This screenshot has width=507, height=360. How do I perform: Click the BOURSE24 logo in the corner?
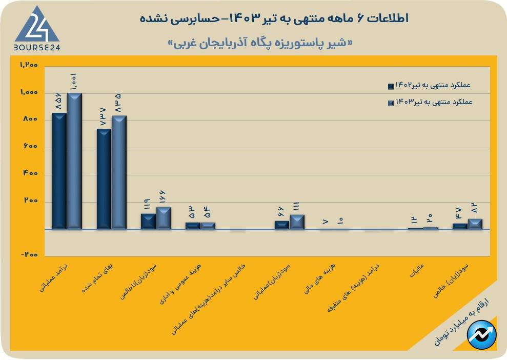[36, 28]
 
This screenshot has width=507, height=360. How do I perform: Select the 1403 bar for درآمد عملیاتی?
[74, 161]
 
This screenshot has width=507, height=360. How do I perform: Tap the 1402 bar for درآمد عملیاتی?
[59, 170]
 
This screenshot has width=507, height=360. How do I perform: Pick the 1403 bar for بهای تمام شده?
[119, 172]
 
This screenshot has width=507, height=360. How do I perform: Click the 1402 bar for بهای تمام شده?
[104, 178]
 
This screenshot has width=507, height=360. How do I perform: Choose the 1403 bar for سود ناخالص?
[164, 217]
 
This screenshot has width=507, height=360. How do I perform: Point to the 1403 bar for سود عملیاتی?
[297, 222]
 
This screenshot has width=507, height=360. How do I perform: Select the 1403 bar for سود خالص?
[475, 224]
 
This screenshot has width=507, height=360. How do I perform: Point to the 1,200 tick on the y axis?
[29, 65]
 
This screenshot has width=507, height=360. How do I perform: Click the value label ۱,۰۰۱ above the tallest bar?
[74, 83]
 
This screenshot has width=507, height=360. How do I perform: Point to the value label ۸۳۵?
[118, 104]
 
